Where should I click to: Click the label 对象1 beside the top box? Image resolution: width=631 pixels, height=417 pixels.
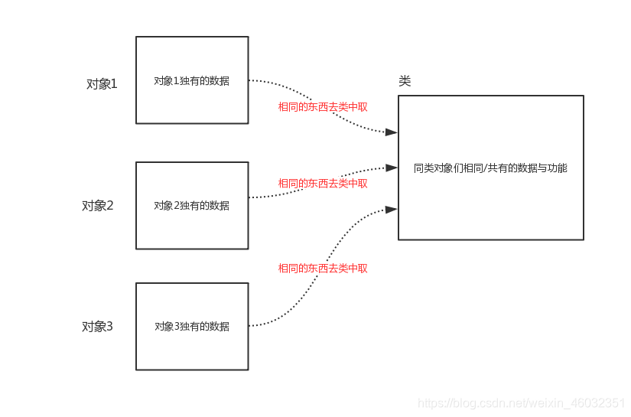(102, 84)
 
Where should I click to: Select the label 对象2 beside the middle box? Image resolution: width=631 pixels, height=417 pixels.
(98, 205)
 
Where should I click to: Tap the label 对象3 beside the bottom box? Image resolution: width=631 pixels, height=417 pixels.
(98, 327)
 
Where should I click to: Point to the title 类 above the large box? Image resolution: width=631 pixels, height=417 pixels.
(405, 81)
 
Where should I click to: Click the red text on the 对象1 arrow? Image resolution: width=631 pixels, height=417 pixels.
(323, 107)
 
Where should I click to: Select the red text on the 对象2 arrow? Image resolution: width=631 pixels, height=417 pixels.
(323, 184)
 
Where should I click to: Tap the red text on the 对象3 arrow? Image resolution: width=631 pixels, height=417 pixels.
(323, 269)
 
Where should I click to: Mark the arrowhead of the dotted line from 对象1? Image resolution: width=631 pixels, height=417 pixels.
(392, 132)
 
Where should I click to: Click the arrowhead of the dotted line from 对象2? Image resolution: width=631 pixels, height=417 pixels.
(392, 167)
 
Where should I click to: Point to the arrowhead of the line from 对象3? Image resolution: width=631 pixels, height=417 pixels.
(392, 209)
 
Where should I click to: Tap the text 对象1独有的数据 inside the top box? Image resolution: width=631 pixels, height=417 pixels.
(191, 81)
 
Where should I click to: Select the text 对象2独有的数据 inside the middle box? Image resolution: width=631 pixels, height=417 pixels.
(191, 205)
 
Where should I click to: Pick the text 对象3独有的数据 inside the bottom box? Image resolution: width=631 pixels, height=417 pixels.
(191, 326)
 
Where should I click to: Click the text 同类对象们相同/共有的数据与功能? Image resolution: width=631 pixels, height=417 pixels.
(490, 168)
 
